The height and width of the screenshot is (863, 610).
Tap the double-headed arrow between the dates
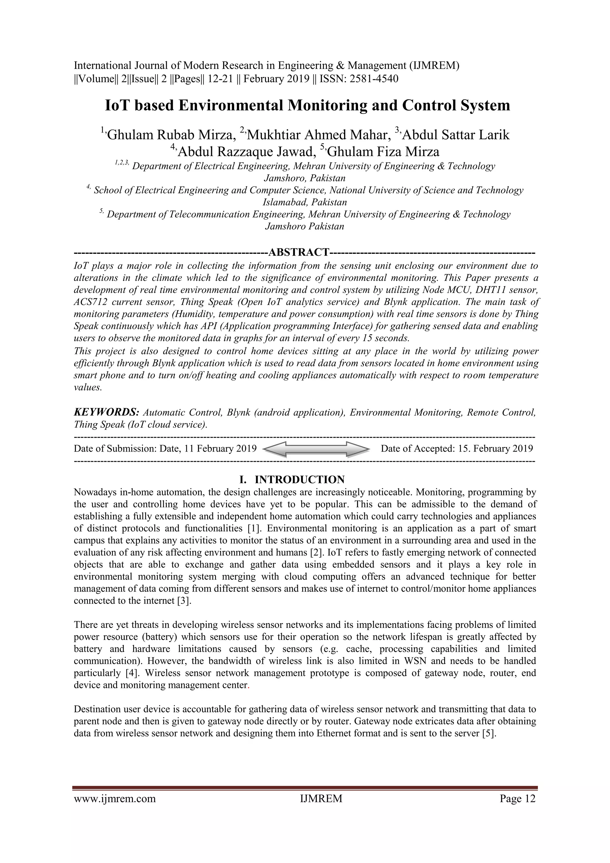click(316, 449)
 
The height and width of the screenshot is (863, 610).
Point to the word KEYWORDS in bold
click(107, 412)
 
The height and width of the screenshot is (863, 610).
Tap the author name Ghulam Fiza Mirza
click(383, 152)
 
